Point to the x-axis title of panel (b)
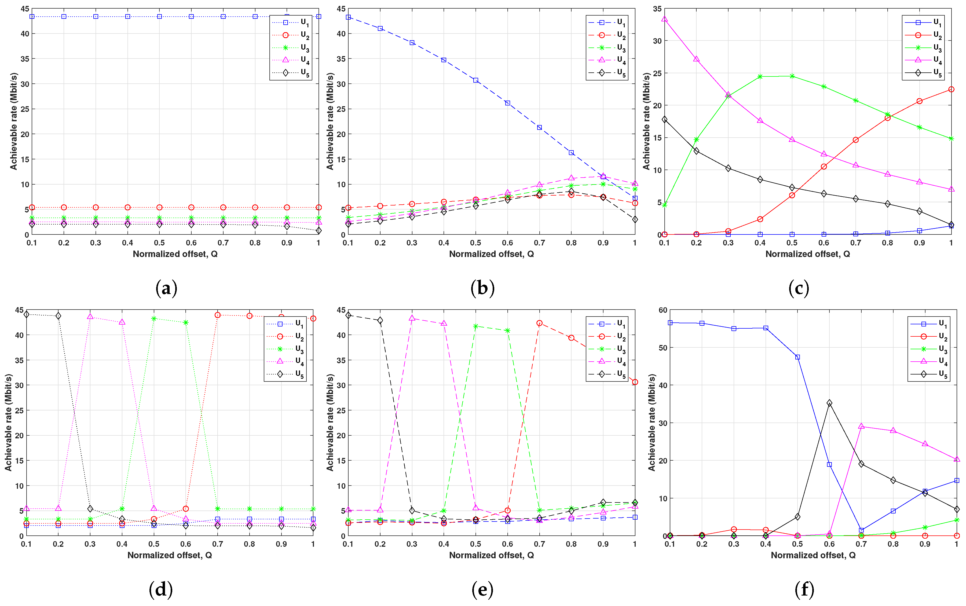(491, 254)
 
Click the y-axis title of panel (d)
(8, 423)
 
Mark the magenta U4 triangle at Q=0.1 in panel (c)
(664, 19)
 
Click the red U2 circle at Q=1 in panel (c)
(951, 89)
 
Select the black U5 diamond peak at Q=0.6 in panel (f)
(829, 403)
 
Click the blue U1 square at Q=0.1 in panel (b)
(348, 17)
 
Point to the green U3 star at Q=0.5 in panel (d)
(154, 319)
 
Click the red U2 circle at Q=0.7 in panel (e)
(539, 323)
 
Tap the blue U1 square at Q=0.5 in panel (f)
(797, 357)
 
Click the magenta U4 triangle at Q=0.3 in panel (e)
(412, 318)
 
